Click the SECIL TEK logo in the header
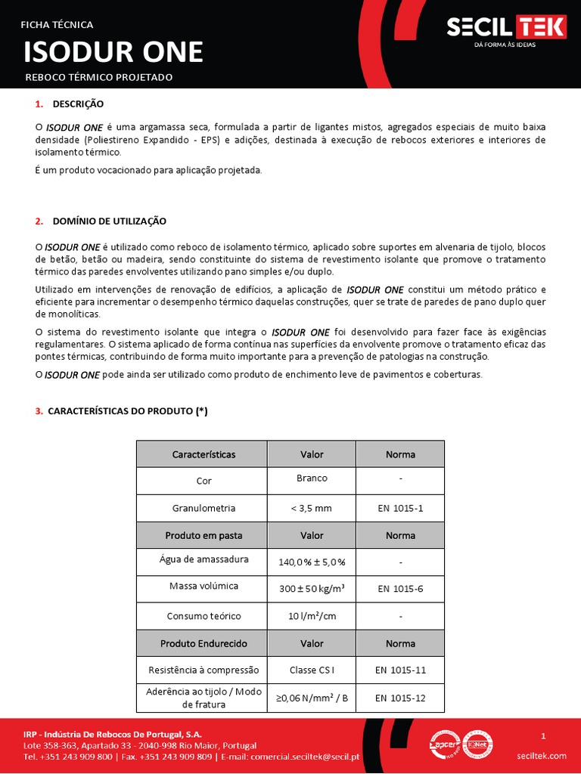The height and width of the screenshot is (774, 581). (505, 28)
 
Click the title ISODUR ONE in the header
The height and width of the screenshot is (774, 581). (113, 51)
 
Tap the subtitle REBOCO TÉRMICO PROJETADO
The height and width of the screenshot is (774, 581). (99, 77)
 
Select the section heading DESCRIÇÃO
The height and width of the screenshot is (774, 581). (78, 104)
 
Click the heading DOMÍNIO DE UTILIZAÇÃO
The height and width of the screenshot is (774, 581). (109, 221)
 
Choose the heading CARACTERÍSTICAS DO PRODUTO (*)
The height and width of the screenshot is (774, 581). (127, 411)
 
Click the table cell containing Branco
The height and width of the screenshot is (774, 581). (312, 478)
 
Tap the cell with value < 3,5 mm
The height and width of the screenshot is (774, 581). (312, 508)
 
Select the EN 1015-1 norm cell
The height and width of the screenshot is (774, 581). (400, 508)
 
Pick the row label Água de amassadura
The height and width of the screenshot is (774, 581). (204, 559)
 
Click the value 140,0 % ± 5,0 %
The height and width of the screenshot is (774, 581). (312, 562)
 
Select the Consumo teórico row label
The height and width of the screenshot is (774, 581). (204, 616)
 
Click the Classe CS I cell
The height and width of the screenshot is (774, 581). (312, 670)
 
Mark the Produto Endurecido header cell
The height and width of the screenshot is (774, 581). (204, 643)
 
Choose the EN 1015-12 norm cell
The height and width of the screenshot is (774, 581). (400, 698)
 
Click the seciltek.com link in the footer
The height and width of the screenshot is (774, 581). (542, 756)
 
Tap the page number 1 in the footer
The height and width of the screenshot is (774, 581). (543, 735)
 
